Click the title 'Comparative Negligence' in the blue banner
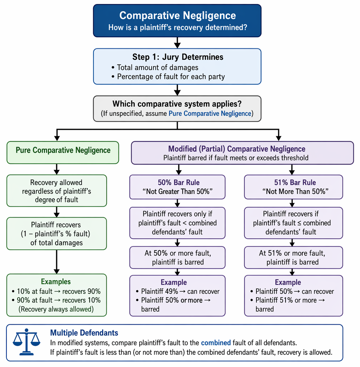coord(178,16)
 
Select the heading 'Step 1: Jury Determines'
coord(178,57)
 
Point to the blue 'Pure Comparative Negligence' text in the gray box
coord(210,114)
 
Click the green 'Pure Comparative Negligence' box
coord(63,152)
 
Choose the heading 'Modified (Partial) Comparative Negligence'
coord(237,149)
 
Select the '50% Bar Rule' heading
coord(179,182)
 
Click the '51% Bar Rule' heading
coord(295,182)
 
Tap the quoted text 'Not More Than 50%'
coord(295,191)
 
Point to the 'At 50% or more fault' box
coord(178,257)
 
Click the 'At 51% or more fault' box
coord(294,257)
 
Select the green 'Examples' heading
coord(56,282)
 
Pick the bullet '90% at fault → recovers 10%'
coord(56,300)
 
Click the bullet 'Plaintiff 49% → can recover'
coord(178,291)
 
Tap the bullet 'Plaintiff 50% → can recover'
coord(292,291)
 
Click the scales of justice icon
coord(27,342)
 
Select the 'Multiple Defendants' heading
coord(84,333)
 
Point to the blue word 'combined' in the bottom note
coord(216,343)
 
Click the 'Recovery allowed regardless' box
coord(57,191)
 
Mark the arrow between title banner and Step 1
coord(178,43)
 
